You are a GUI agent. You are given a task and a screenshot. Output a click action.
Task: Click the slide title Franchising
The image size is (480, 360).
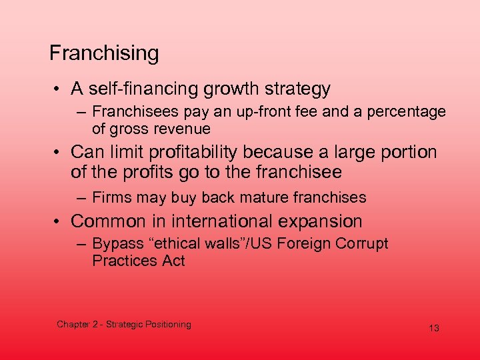click(104, 53)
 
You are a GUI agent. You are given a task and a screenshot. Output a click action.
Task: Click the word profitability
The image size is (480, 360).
click(197, 153)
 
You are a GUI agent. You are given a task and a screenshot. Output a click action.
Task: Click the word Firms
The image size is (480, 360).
click(111, 197)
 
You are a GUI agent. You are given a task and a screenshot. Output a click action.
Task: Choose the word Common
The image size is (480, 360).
click(107, 221)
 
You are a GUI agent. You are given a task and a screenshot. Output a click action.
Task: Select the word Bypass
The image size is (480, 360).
click(116, 244)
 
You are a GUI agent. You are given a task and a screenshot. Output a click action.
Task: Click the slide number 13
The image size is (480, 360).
click(434, 328)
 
